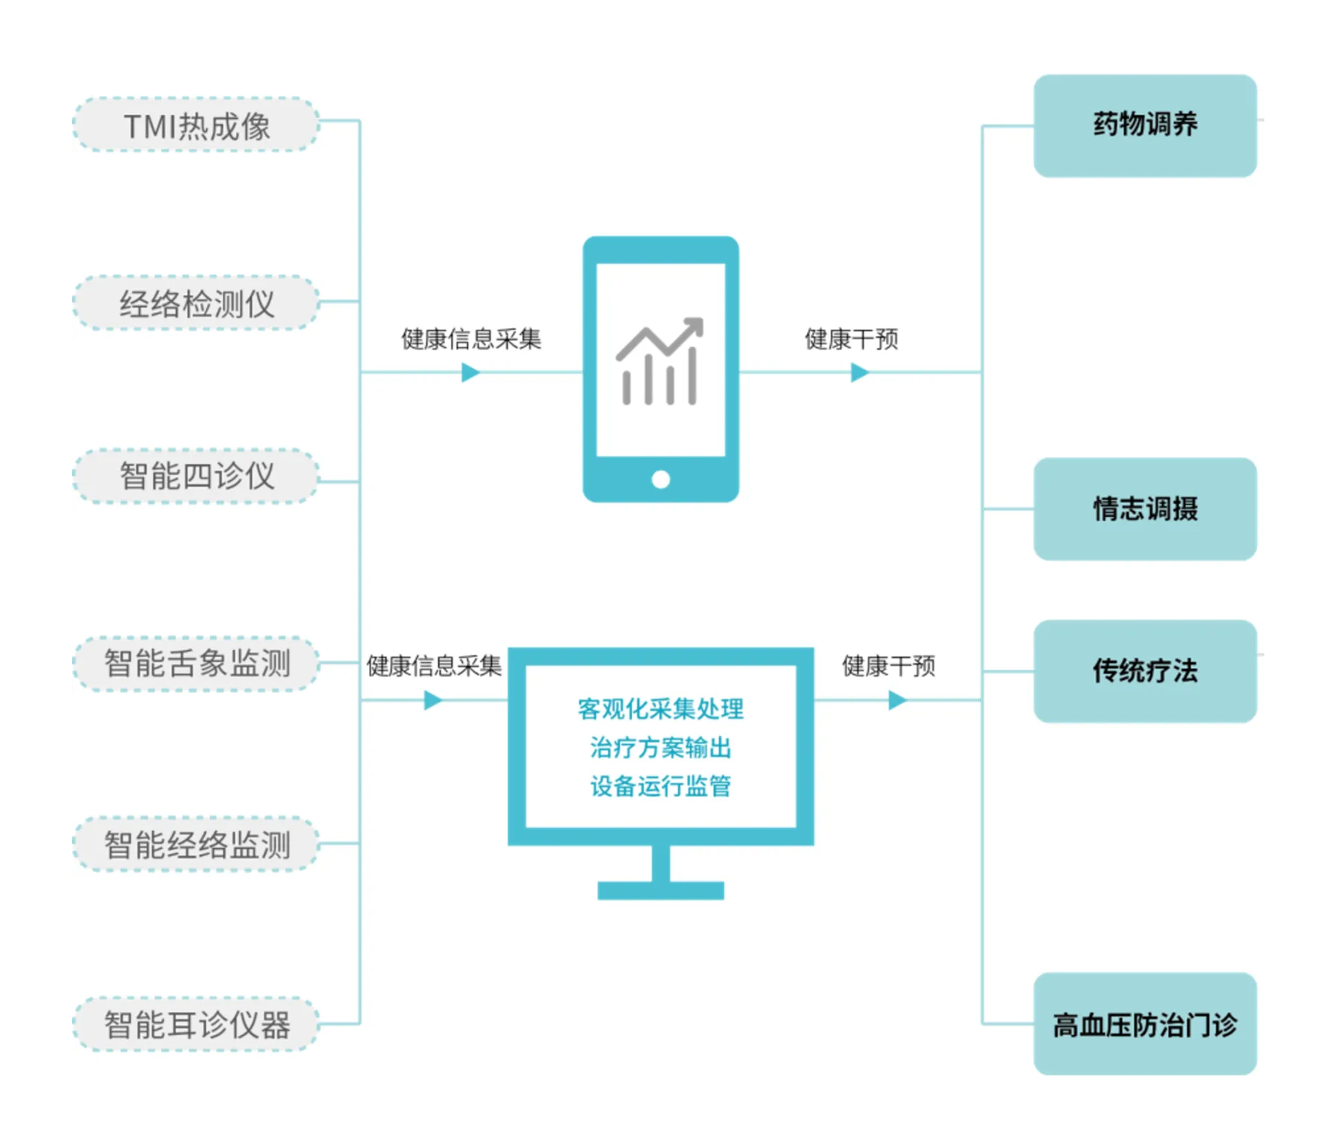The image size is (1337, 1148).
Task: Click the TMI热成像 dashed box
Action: [196, 125]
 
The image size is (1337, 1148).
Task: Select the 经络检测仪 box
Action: [196, 303]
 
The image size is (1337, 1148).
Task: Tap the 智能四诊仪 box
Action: [196, 476]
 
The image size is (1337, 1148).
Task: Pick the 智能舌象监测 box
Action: [196, 663]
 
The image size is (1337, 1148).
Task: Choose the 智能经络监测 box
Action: [196, 844]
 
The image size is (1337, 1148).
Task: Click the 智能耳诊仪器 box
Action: [196, 1024]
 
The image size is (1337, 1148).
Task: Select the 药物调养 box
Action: [1144, 126]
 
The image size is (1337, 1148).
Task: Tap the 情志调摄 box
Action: [1144, 509]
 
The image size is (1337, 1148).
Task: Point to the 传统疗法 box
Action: [1144, 671]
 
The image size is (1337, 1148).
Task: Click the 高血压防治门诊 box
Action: [1144, 1024]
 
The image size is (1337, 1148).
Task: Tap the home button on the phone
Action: [660, 479]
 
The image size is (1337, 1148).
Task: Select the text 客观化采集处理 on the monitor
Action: [660, 709]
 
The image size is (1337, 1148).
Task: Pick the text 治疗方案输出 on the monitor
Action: [660, 748]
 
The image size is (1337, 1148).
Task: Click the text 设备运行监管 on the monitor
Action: [660, 786]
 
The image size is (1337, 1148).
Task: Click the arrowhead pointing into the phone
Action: [471, 372]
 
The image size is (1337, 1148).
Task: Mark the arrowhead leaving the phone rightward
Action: [860, 372]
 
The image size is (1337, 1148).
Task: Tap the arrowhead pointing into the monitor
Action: [433, 699]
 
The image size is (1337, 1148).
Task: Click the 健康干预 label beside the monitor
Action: [889, 666]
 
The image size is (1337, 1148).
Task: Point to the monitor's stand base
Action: [660, 890]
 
